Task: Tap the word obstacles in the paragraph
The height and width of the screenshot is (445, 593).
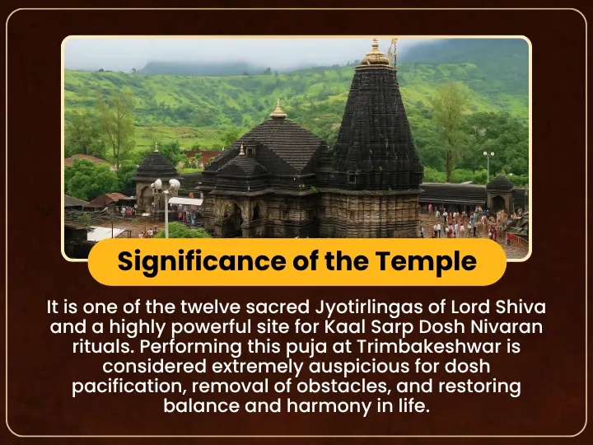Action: coord(343,386)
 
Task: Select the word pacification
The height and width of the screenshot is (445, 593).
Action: coord(131,386)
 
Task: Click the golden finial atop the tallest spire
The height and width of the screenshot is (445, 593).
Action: coord(375,53)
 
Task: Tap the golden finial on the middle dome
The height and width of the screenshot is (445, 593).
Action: coord(278,110)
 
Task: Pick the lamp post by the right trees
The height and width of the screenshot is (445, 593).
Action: coord(488,166)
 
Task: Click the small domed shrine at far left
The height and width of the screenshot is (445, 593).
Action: coord(156,178)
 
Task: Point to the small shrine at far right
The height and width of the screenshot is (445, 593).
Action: coord(500,193)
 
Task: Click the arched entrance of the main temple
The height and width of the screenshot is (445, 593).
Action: coord(232,218)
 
